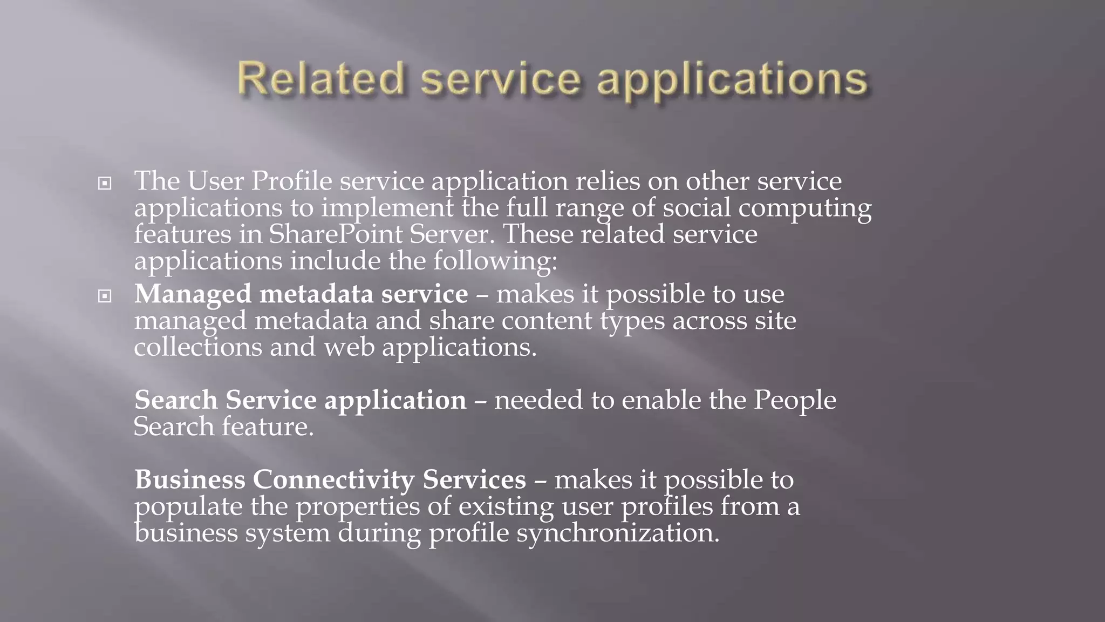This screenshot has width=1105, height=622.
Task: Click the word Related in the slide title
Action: [x=320, y=79]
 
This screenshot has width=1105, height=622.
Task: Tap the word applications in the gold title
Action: [x=732, y=80]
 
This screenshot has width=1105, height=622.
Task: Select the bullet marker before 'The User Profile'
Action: [x=105, y=184]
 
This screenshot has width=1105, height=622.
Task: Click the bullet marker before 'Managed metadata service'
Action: [x=105, y=296]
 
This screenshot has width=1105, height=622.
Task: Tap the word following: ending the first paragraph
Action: [x=495, y=261]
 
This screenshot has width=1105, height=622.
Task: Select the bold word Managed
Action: [x=193, y=294]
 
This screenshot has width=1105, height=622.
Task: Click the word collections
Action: [x=197, y=347]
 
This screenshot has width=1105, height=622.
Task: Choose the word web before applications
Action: [x=349, y=347]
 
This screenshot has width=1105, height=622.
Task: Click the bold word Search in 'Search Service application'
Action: [x=176, y=400]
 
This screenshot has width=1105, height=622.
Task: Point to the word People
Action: [x=795, y=400]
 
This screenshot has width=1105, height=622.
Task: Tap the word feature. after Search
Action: [x=268, y=427]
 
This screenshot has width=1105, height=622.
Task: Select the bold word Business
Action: [x=190, y=479]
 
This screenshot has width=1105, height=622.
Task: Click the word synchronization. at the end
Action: [x=618, y=533]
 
